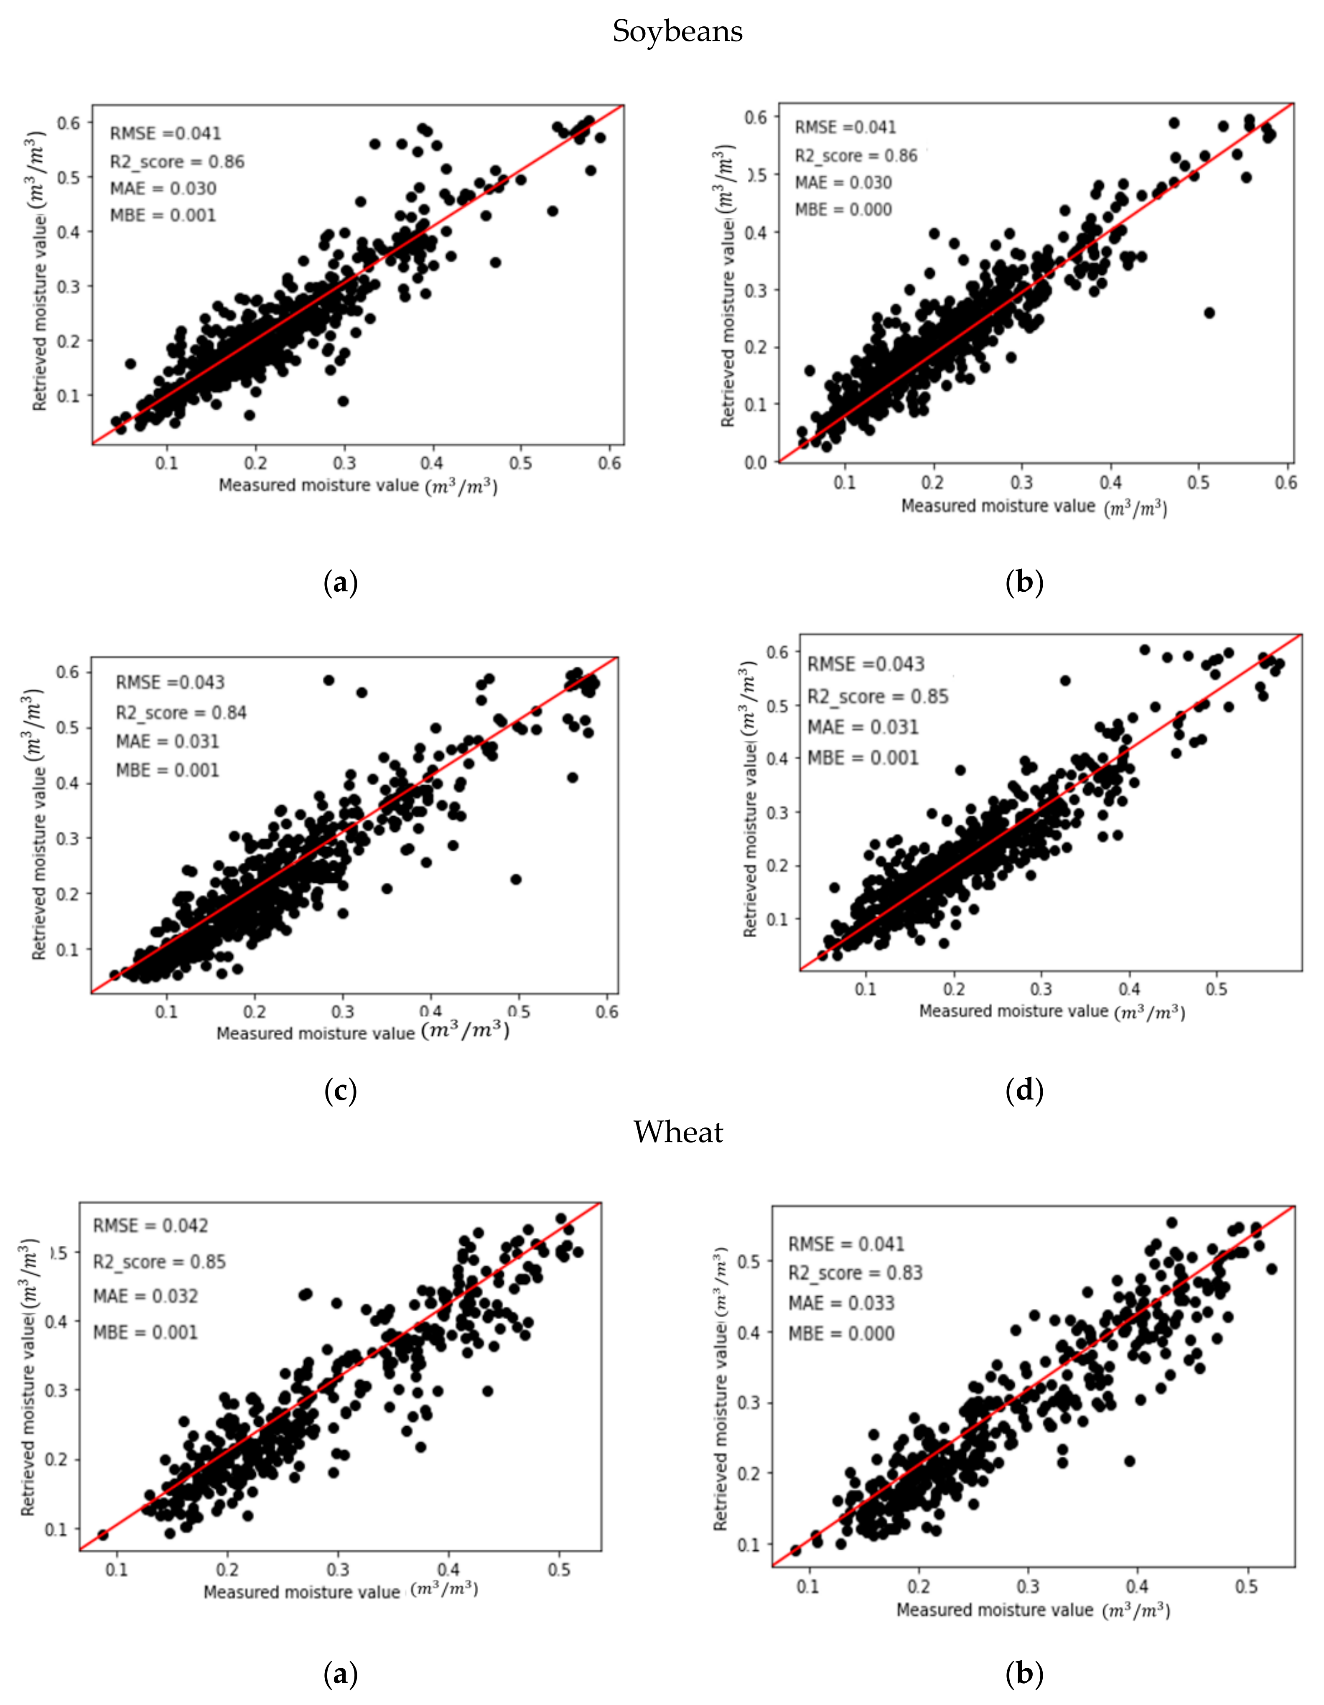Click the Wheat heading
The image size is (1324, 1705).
(x=677, y=1131)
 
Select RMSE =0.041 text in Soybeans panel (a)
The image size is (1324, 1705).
(x=165, y=133)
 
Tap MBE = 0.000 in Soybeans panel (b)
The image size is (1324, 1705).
(x=843, y=209)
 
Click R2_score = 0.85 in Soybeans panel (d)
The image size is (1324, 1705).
(x=878, y=696)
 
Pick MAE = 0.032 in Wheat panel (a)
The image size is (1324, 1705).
(x=145, y=1296)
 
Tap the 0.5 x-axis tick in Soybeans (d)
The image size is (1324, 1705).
(x=1216, y=989)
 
